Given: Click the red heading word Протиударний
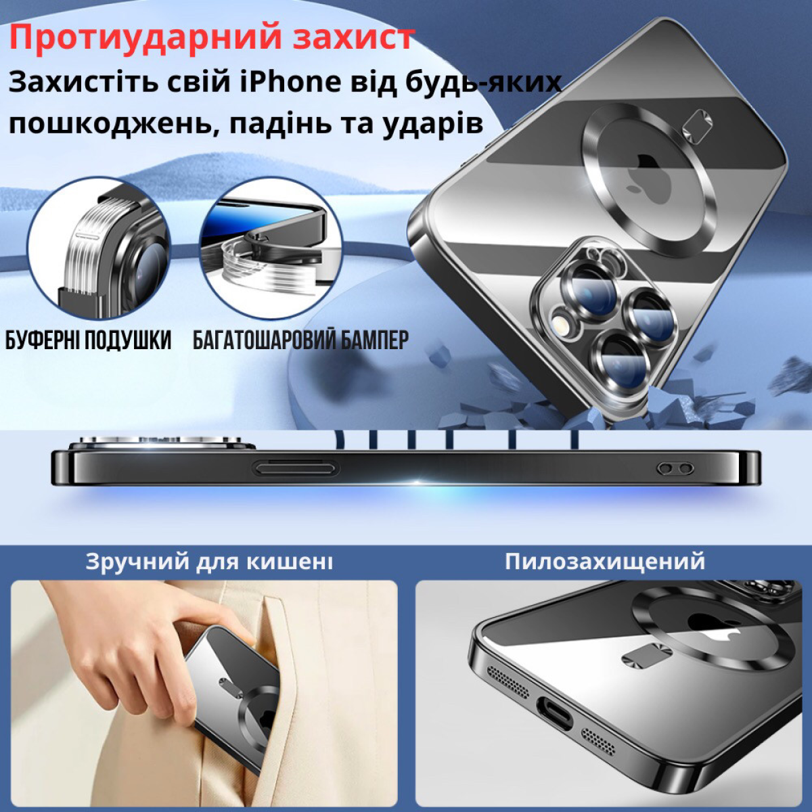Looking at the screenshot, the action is tap(145, 38).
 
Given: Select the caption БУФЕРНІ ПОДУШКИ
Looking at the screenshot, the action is tap(89, 340).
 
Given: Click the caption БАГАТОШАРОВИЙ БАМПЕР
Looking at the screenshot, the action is tap(301, 340).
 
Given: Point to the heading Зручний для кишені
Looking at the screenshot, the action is tap(209, 562).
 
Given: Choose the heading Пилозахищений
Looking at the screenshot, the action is tap(605, 562).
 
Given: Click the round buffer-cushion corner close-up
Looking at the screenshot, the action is tap(99, 248).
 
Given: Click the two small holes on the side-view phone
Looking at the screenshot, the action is tap(676, 468).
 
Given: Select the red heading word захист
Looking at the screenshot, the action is tap(353, 38).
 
